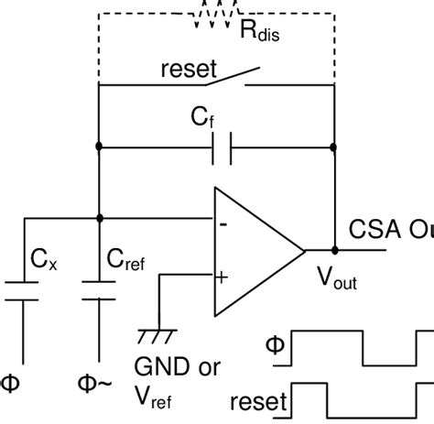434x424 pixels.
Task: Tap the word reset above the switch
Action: [x=188, y=69]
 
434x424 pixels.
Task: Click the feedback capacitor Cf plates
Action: [x=222, y=147]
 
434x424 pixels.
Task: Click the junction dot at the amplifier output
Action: [x=334, y=249]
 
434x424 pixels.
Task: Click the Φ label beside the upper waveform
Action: [x=273, y=345]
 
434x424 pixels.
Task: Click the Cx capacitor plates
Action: [x=23, y=291]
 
